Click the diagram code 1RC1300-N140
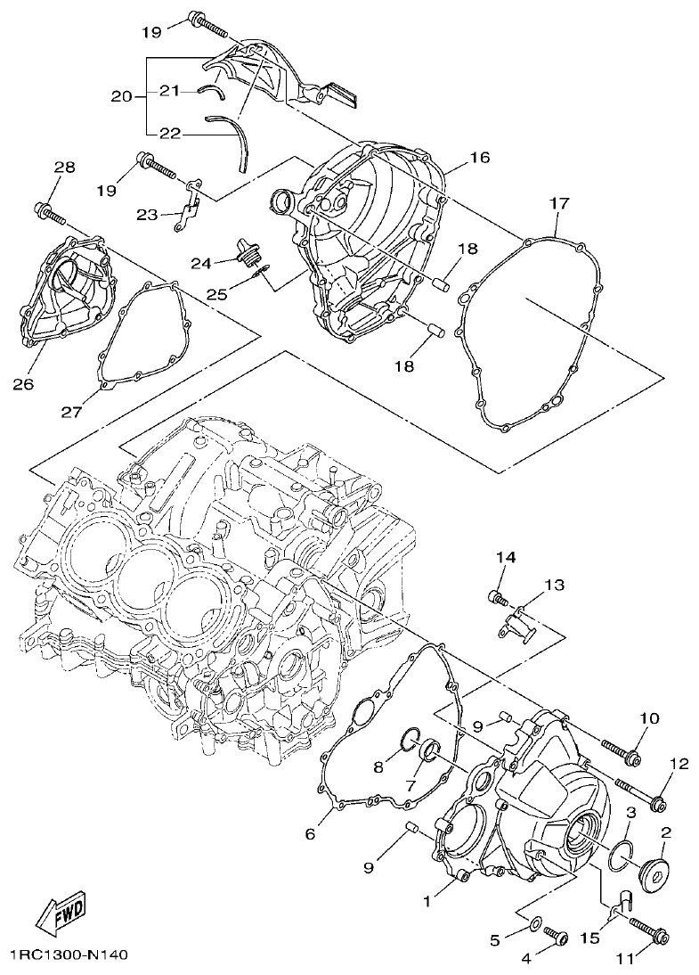(x=69, y=955)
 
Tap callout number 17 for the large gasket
(x=558, y=203)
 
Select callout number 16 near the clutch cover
(x=480, y=158)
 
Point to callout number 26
(x=23, y=384)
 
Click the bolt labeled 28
(x=51, y=213)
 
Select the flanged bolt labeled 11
(x=651, y=930)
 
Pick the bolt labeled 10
(x=621, y=750)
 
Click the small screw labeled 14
(x=496, y=597)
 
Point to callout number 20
(x=123, y=95)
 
